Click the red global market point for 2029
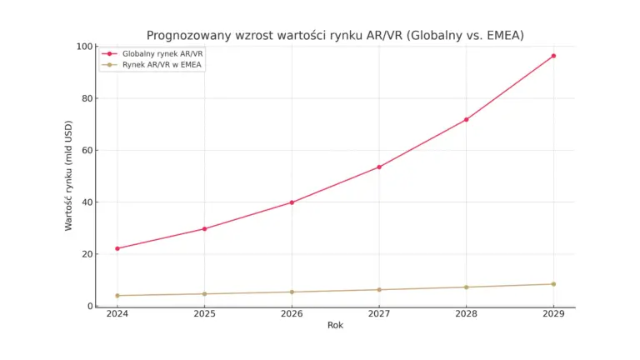coord(553,56)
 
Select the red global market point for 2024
coord(117,248)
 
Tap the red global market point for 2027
coord(379,167)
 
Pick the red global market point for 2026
coord(292,202)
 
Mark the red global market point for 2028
coord(466,119)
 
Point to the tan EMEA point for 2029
coord(553,284)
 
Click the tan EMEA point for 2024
coord(117,295)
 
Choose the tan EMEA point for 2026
coord(292,292)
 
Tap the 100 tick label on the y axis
coord(83,47)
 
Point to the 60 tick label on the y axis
coord(86,151)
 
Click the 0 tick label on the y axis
coord(88,306)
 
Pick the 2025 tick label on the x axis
coord(204,315)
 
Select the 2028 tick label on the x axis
coord(466,315)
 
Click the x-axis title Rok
coord(335,326)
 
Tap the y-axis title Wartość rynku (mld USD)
coord(69,177)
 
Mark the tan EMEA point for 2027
coord(379,289)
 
